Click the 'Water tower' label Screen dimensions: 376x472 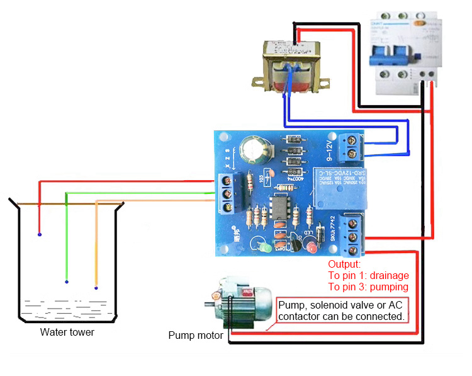click(67, 332)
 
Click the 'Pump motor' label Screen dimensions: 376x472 click(195, 335)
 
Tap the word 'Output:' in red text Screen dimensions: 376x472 click(344, 264)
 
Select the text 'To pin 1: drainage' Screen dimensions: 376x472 click(368, 275)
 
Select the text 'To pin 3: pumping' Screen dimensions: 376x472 click(368, 287)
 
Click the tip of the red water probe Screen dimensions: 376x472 click(40, 235)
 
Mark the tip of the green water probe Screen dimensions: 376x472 click(66, 281)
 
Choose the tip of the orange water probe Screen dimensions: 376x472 click(96, 288)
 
